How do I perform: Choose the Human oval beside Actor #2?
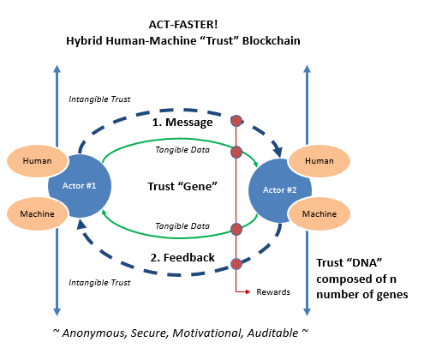pos(319,160)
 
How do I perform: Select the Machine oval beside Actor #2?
pos(319,213)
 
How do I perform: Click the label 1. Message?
pos(183,123)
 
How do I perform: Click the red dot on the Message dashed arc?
pos(236,121)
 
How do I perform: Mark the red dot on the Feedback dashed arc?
pos(236,263)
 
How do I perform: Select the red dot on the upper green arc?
pos(236,152)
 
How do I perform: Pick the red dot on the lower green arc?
pos(236,229)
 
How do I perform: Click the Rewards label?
pos(273,292)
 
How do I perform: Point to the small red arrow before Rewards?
pos(244,292)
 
